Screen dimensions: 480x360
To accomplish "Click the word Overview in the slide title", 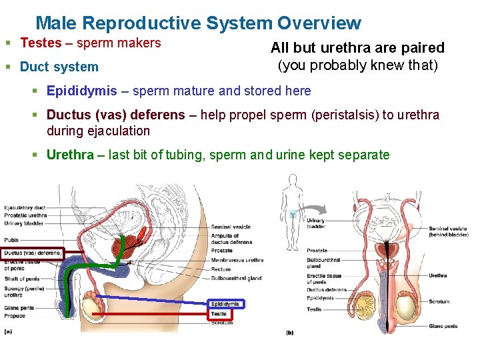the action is click(x=319, y=24).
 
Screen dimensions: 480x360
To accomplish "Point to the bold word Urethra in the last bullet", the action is click(x=70, y=155).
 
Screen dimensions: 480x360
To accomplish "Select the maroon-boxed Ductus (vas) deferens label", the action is click(x=32, y=253).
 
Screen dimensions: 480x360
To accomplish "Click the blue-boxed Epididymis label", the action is click(x=226, y=304).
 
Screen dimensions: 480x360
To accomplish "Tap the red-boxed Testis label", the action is click(x=219, y=313).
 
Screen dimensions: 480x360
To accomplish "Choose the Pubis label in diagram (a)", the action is click(x=12, y=239).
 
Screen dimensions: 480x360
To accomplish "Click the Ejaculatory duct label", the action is click(x=25, y=207).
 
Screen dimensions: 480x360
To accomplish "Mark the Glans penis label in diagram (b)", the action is click(x=443, y=326).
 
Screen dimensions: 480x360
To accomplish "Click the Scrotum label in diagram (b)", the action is click(x=439, y=301).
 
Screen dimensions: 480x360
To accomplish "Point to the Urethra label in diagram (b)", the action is click(x=438, y=275).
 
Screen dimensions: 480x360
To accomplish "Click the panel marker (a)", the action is click(x=8, y=331).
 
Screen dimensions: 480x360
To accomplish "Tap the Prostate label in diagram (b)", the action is click(x=317, y=251).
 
